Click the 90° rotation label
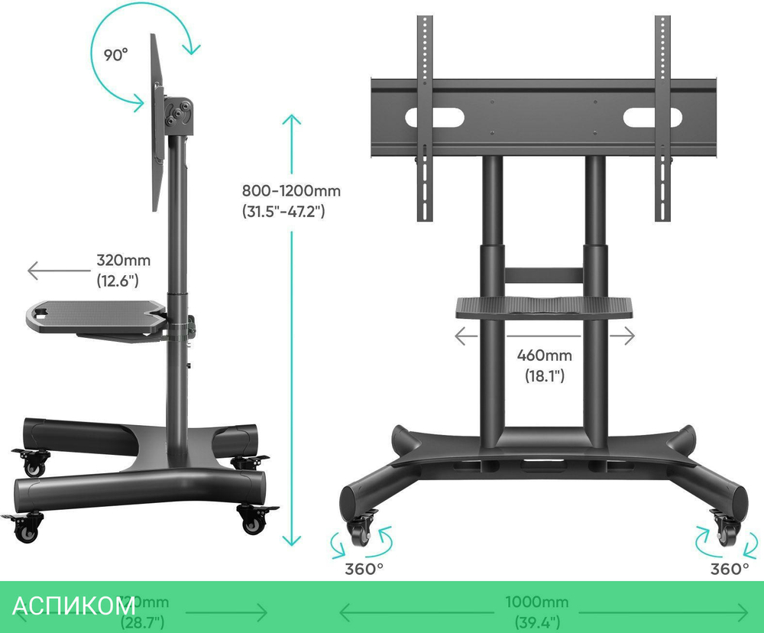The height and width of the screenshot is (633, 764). pos(115,55)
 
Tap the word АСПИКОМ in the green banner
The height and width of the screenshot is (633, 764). pos(74,606)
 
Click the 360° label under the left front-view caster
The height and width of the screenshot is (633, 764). pos(364,569)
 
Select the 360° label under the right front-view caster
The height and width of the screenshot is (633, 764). pos(729,569)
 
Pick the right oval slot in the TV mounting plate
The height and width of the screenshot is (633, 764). pos(652,118)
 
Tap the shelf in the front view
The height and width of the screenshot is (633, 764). pos(545,307)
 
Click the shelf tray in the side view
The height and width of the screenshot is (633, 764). pos(95,316)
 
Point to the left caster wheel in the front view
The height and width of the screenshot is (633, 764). pos(361,532)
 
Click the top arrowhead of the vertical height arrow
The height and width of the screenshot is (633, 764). pos(291,118)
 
